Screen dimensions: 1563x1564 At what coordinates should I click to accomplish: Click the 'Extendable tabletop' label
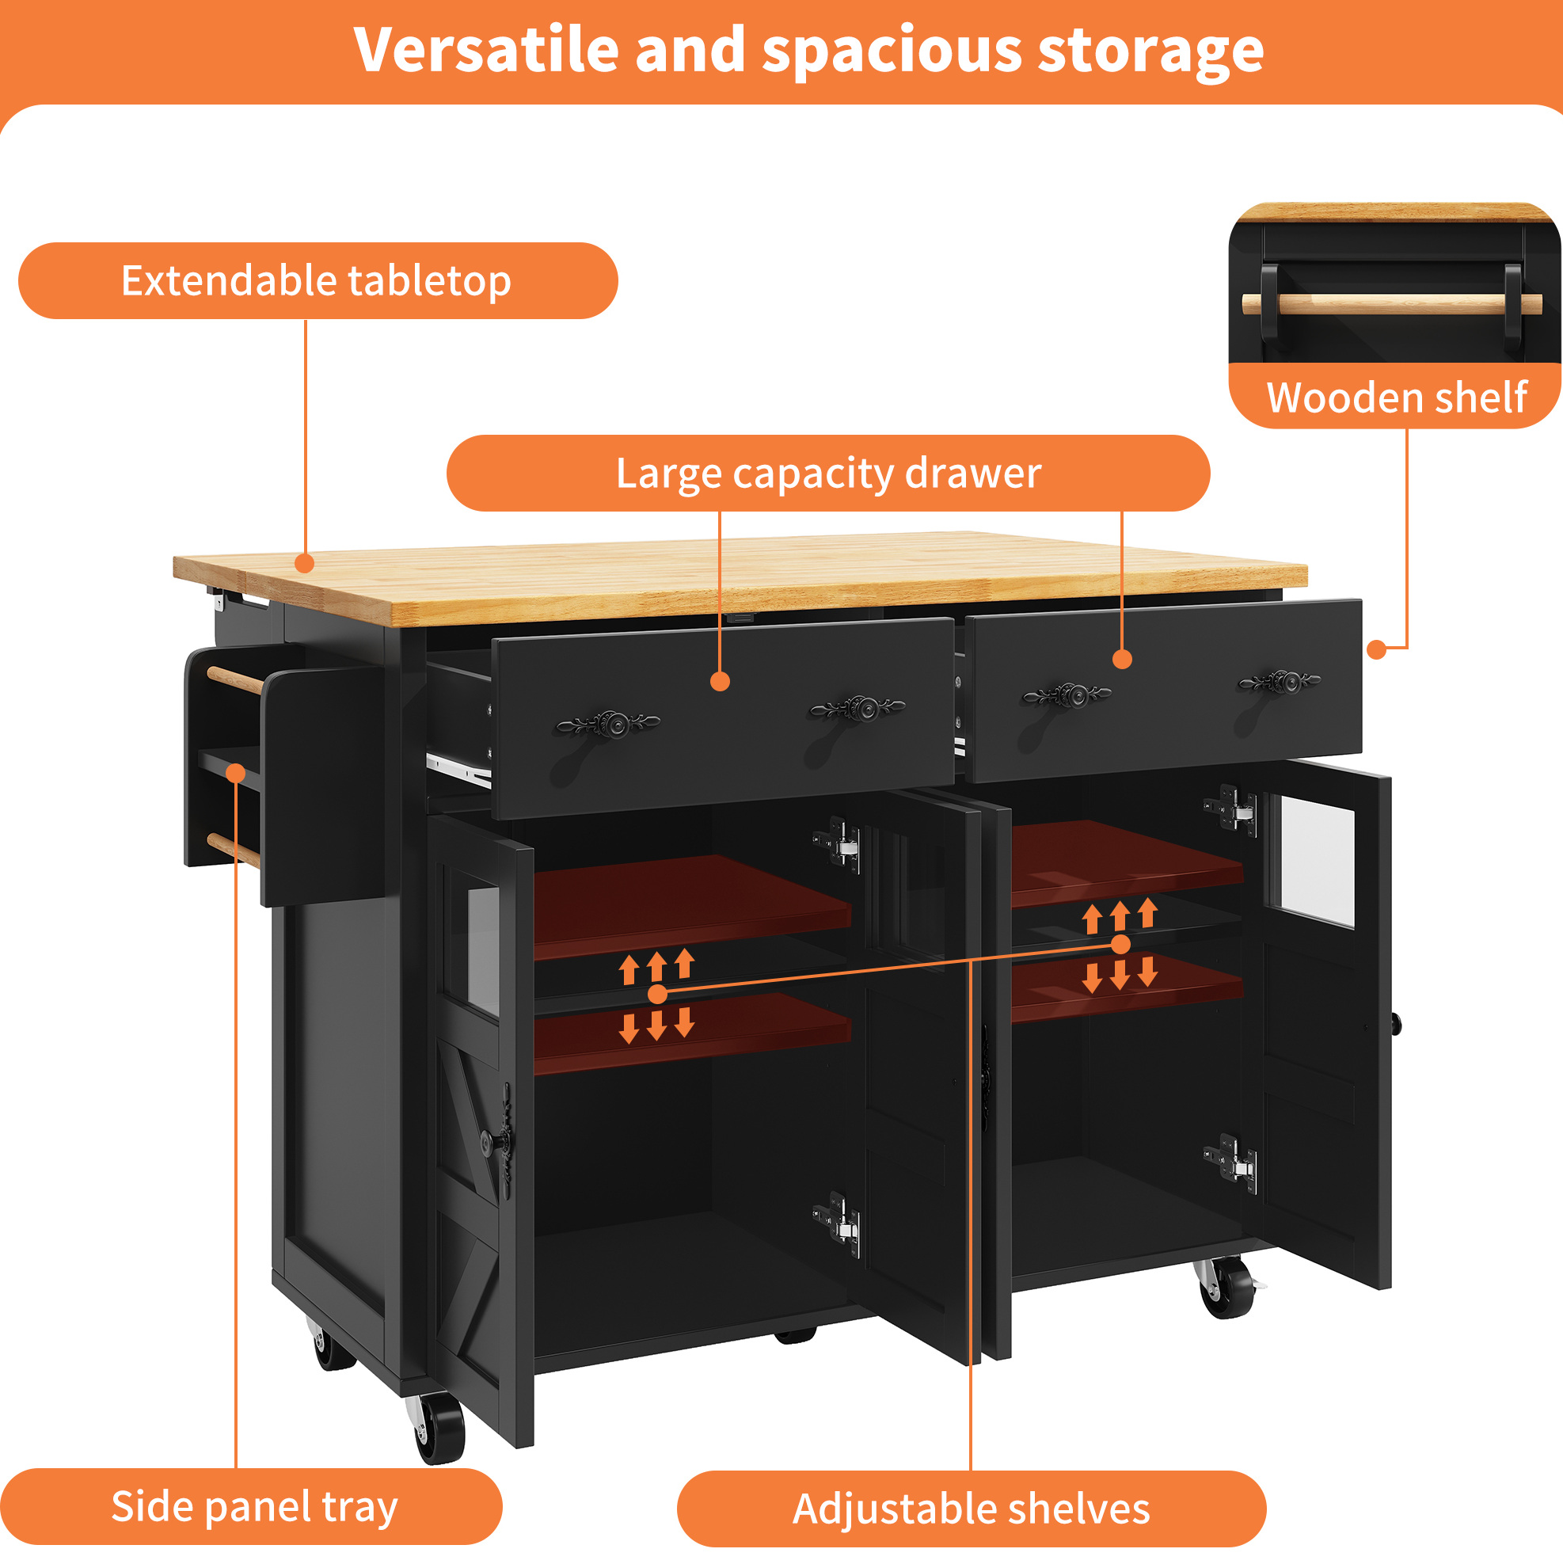click(x=316, y=281)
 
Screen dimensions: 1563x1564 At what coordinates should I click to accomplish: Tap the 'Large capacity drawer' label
click(x=828, y=474)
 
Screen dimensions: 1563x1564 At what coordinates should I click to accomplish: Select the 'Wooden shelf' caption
click(x=1396, y=398)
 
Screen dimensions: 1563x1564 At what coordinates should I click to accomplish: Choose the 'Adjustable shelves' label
click(x=972, y=1509)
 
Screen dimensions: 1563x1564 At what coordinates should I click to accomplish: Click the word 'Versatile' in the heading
click(x=486, y=50)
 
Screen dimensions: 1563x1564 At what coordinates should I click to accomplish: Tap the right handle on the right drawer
click(x=1279, y=683)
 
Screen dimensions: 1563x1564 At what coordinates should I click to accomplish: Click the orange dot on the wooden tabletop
click(x=304, y=563)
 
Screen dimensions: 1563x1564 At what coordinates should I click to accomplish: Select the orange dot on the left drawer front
click(x=720, y=682)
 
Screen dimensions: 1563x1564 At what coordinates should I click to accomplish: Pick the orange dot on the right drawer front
click(x=1122, y=660)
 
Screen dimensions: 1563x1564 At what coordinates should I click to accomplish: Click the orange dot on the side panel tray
click(x=235, y=773)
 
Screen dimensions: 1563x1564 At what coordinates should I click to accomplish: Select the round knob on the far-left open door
click(x=489, y=1143)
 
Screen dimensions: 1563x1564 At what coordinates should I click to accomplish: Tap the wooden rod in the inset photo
click(x=1391, y=304)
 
